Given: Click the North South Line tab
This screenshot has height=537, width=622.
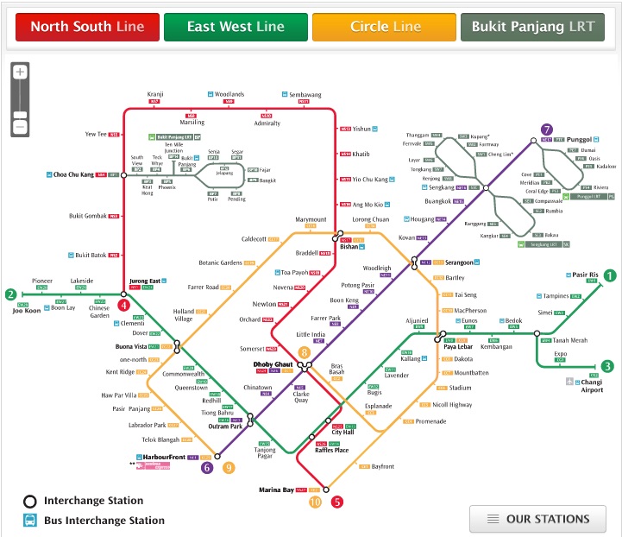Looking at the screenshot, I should point(87,27).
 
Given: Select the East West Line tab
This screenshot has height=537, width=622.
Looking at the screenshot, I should point(236,27).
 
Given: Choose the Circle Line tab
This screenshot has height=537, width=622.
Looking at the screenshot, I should point(385,27).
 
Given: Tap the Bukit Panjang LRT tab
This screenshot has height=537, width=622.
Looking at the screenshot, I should point(532,27).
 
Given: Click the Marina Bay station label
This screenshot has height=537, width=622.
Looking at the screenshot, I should point(277,490).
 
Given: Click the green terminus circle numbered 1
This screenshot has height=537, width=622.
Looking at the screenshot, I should point(609,276).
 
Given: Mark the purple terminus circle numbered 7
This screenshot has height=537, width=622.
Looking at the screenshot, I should point(546,130).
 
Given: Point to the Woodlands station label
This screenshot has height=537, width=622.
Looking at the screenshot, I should point(229,93).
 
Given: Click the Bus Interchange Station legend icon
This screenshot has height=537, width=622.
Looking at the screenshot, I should point(29,521).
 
